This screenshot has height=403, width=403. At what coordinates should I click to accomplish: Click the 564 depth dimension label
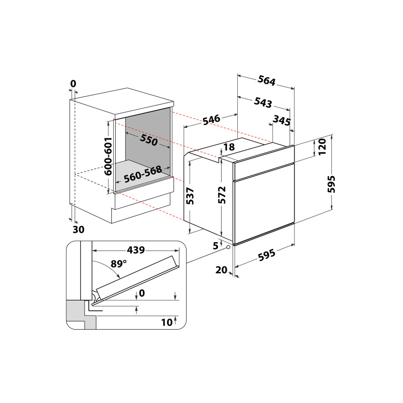tap(266, 81)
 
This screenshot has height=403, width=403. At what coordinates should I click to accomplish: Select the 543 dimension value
tap(263, 102)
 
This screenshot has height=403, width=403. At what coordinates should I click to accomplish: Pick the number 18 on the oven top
tap(229, 147)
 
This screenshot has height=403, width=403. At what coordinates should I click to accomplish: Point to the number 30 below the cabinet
tap(79, 230)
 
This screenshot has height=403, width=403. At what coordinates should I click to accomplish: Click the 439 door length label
tap(135, 249)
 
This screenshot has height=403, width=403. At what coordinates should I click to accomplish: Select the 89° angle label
tap(118, 264)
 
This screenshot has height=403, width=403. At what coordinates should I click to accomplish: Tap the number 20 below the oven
tap(221, 270)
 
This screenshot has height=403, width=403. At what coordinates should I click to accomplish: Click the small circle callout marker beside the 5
tap(229, 247)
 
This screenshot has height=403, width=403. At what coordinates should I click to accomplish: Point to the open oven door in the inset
tap(137, 278)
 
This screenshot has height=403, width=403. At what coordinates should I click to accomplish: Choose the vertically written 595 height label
tap(331, 184)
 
